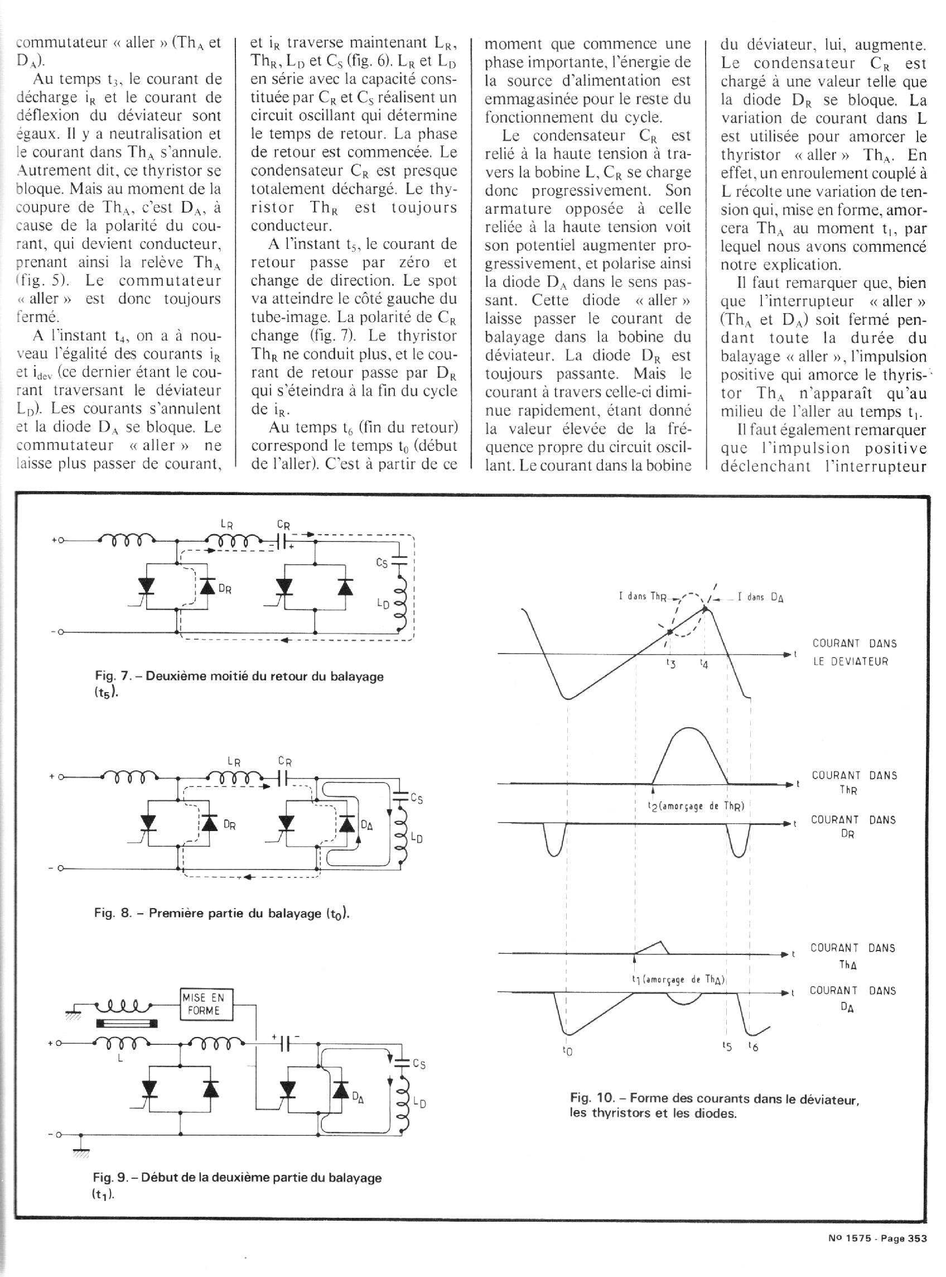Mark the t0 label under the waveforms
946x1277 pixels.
coord(567,1052)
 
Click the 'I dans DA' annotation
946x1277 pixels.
coord(760,597)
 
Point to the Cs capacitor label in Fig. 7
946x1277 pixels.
coord(382,563)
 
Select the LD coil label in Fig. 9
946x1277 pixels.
coord(419,1103)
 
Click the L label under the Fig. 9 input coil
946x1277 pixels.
coord(120,1059)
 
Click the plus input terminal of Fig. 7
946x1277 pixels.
coord(58,540)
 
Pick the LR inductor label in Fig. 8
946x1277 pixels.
coord(234,762)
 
